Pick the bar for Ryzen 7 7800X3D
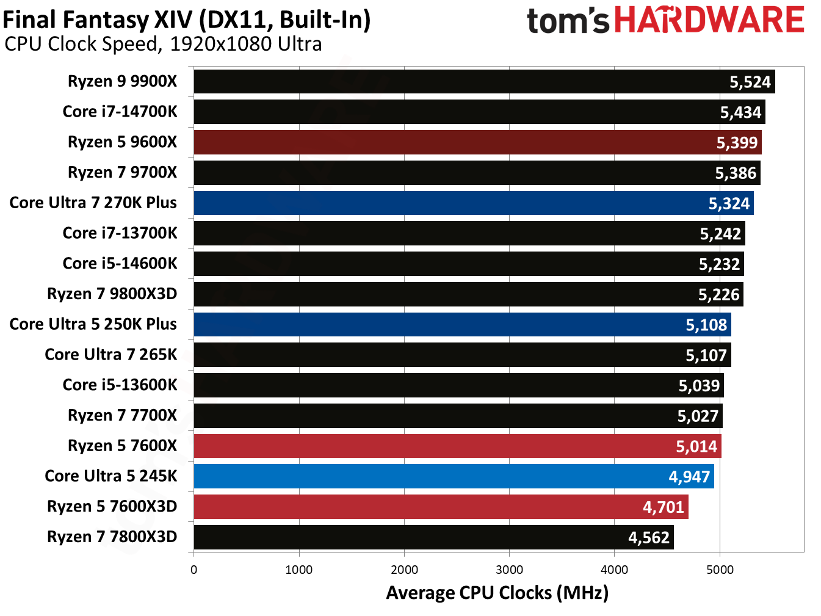(433, 537)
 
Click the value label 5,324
(729, 203)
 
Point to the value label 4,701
(664, 507)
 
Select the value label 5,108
(706, 325)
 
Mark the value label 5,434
(740, 112)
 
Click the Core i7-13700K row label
(120, 233)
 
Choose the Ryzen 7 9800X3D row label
(112, 294)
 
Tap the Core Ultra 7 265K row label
(110, 355)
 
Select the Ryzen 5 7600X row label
(122, 446)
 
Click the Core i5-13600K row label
(120, 385)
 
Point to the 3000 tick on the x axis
(509, 570)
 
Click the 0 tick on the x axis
(193, 570)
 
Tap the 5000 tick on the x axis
(720, 570)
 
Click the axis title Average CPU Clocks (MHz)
(497, 593)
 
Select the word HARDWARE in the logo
(709, 20)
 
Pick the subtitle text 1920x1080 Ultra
(246, 44)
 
